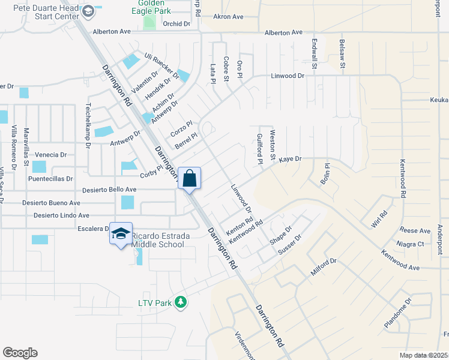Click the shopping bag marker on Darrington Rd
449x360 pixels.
189,178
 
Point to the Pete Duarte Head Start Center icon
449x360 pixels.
88,11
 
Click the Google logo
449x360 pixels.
20,353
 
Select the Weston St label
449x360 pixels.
273,146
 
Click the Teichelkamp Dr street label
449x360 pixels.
88,124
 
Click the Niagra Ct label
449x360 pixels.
411,244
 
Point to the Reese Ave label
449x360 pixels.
415,231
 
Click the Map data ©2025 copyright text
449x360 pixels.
424,355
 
